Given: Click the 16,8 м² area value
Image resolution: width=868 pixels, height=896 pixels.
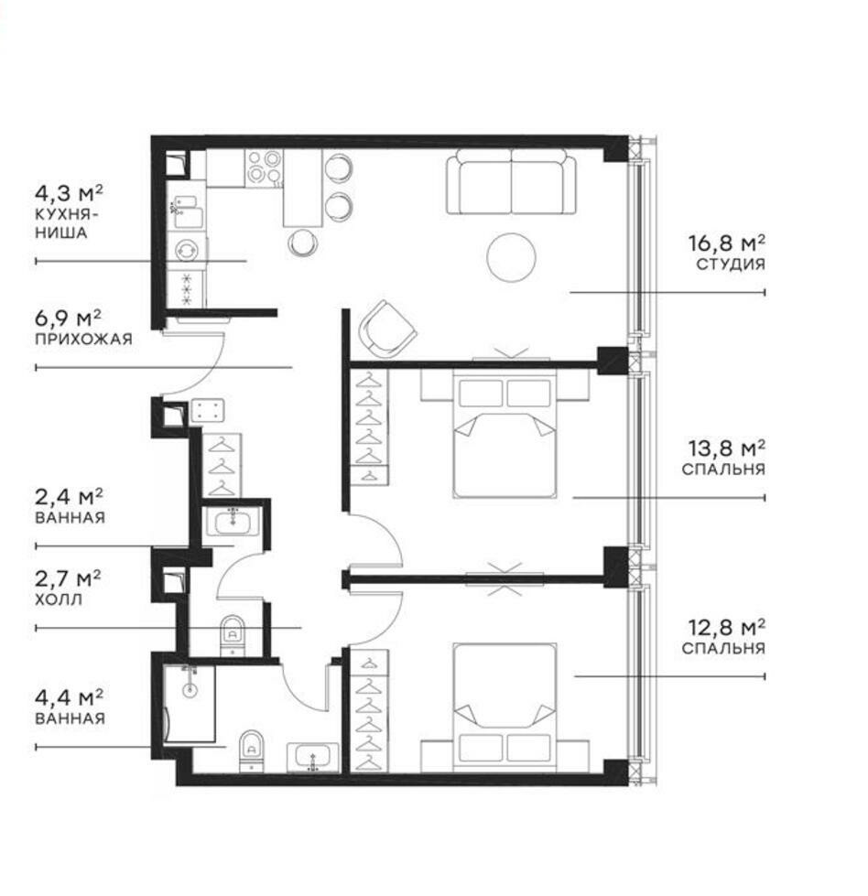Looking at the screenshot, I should tap(726, 243).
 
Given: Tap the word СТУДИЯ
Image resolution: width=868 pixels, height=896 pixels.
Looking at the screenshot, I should tap(730, 264).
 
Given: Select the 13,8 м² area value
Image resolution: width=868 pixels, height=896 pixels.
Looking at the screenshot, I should tap(726, 448).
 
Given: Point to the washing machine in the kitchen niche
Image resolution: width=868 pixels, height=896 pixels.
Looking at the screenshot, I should tap(188, 250).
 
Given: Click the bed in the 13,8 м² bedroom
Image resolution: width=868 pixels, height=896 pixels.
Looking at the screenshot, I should tap(506, 437).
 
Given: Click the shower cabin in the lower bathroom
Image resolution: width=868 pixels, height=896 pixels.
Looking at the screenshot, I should tap(191, 703).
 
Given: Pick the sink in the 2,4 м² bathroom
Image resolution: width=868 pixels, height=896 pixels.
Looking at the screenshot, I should tap(232, 523).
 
